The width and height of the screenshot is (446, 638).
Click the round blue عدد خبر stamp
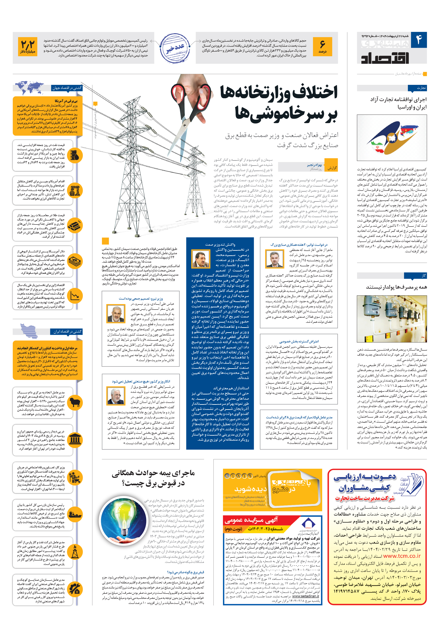pyautogui.click(x=175, y=48)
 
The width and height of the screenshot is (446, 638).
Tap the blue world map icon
pyautogui.click(x=30, y=88)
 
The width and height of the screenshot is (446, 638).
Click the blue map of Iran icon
pyautogui.click(x=29, y=330)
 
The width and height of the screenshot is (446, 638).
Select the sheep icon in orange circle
pyautogui.click(x=75, y=402)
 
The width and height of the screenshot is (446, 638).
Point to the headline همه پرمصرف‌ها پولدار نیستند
pyautogui.click(x=396, y=287)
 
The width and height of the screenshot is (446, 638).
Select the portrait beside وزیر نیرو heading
pyautogui.click(x=116, y=314)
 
